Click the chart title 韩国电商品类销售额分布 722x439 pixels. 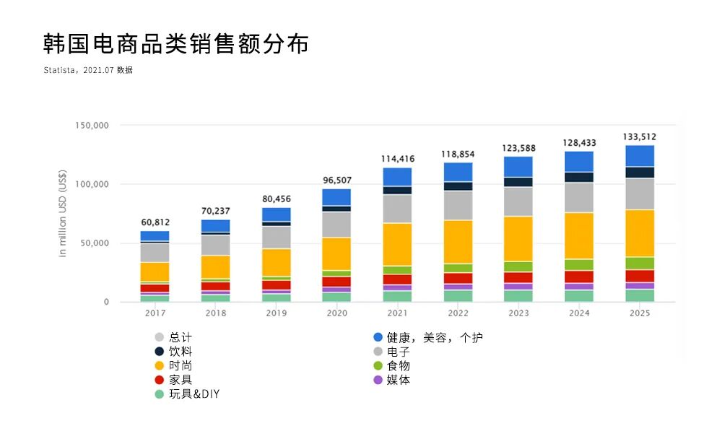(x=175, y=44)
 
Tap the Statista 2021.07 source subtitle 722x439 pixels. (x=88, y=70)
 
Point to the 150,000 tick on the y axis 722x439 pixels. (x=92, y=125)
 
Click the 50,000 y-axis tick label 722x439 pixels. (x=94, y=243)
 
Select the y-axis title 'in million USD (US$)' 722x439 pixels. (x=63, y=214)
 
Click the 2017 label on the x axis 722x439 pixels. (x=155, y=313)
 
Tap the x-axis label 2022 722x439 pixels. (x=458, y=313)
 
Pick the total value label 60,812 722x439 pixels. (x=155, y=222)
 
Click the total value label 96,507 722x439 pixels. (x=336, y=181)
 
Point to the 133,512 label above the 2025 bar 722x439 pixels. (x=640, y=136)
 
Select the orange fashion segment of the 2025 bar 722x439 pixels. (x=640, y=232)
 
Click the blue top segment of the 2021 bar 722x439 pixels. (x=397, y=177)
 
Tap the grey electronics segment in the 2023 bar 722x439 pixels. (x=518, y=201)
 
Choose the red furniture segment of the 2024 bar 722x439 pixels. (x=579, y=277)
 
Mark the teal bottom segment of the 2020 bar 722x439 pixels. (x=336, y=297)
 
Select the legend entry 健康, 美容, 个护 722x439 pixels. (x=433, y=337)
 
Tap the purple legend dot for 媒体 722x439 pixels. (x=378, y=380)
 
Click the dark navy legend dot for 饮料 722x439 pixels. (x=160, y=352)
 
